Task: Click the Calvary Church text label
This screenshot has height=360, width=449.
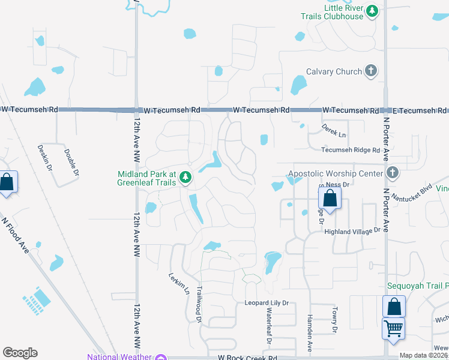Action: [x=334, y=71]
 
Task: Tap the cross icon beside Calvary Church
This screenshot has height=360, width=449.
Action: [x=371, y=71]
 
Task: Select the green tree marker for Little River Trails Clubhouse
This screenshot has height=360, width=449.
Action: [x=372, y=11]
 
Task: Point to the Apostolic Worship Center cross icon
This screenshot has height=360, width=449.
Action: [x=393, y=173]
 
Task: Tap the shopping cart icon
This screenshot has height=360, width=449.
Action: [x=394, y=328]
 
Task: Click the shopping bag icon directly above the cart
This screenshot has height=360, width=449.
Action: [x=394, y=307]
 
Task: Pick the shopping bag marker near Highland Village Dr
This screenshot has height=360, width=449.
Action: [x=330, y=197]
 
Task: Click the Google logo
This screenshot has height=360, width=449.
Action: [x=20, y=353]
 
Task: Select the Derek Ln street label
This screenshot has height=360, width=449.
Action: [x=334, y=131]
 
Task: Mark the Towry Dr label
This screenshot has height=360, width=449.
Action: [x=334, y=320]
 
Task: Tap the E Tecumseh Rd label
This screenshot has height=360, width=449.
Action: [x=420, y=110]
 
